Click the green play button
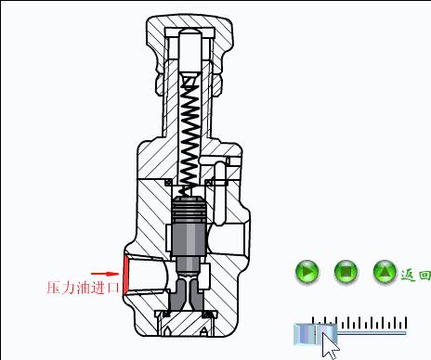307,273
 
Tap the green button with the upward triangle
385,273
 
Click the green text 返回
414,275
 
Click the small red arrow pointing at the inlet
111,273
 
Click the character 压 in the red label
54,288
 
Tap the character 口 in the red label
114,288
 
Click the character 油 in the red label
84,288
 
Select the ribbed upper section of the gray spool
189,212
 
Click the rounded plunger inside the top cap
190,46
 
